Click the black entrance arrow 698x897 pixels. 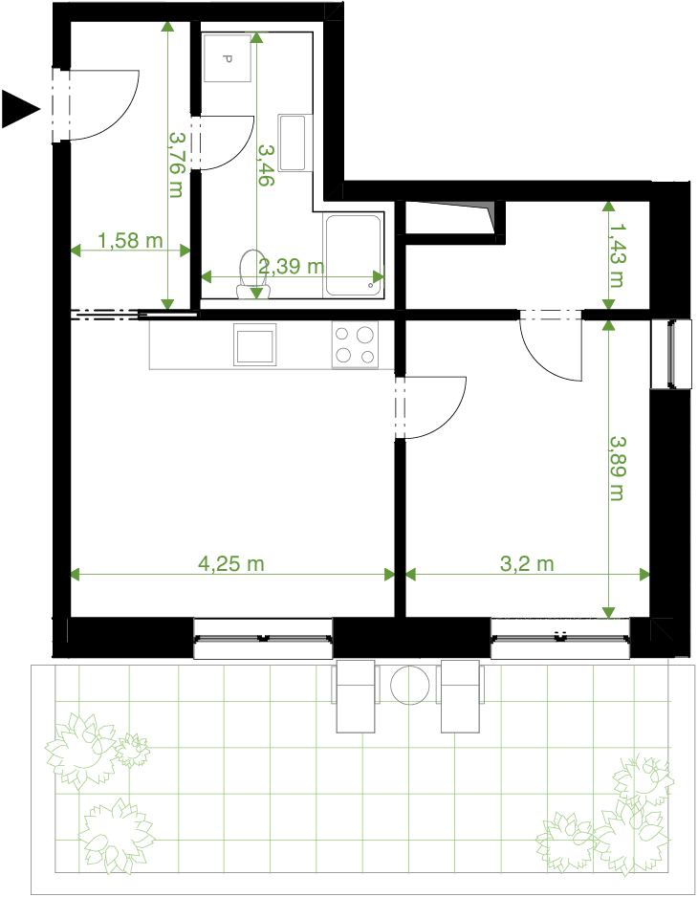19,109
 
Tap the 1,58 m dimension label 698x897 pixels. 130,240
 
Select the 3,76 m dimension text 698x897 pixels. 176,165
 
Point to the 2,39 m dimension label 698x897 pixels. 292,266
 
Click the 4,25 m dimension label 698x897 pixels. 231,564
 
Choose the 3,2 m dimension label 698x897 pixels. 527,564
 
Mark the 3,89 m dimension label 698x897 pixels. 616,469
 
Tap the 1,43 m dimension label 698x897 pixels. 616,254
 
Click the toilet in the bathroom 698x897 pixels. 250,274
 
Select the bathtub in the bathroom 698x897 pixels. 354,255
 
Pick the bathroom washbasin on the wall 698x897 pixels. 293,142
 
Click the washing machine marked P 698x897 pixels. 228,57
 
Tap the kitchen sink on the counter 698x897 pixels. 254,344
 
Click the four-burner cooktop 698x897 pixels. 355,344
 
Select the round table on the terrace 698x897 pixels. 409,685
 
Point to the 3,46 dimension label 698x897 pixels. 266,164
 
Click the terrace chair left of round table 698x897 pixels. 356,696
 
